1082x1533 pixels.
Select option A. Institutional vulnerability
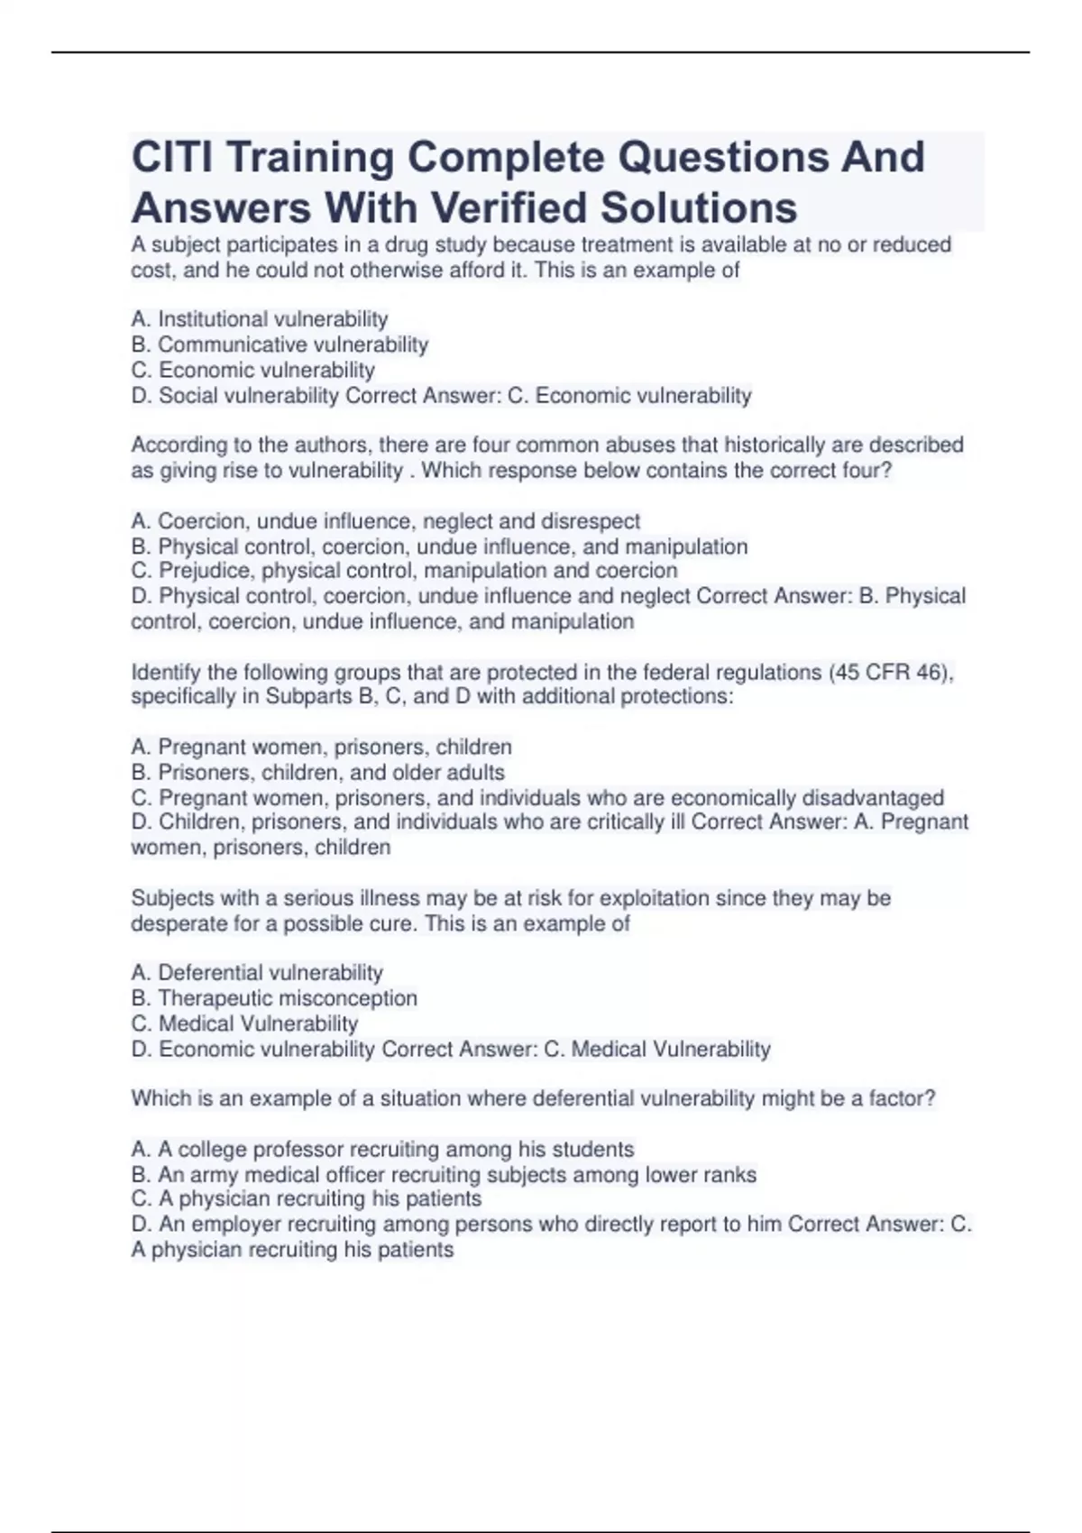tap(260, 319)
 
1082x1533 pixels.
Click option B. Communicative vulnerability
tap(280, 344)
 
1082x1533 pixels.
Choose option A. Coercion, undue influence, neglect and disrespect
tap(386, 521)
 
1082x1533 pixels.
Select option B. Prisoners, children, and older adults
tap(318, 773)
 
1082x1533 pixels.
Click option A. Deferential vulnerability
tap(257, 973)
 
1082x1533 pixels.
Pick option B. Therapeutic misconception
tap(274, 998)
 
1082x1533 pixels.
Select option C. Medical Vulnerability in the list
tap(244, 1024)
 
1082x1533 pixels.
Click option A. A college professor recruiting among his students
tap(383, 1150)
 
